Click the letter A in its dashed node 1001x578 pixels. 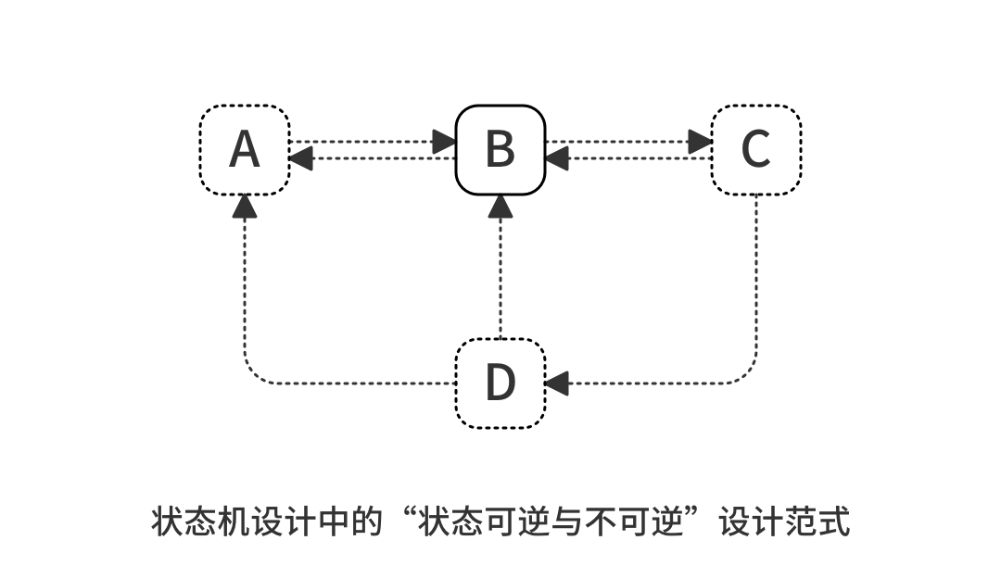click(x=245, y=149)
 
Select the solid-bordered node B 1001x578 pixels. click(x=500, y=149)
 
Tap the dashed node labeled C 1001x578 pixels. click(x=756, y=149)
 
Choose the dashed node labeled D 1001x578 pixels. click(x=500, y=383)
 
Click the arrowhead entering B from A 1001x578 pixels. click(x=444, y=142)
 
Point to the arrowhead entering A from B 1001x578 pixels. click(x=300, y=158)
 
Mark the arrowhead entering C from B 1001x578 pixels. click(x=700, y=142)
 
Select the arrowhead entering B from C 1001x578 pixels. click(x=556, y=158)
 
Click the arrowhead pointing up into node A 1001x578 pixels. click(x=245, y=207)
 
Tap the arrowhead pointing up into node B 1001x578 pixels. click(x=500, y=207)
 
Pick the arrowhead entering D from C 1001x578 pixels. click(x=556, y=383)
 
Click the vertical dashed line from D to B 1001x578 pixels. click(x=500, y=278)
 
